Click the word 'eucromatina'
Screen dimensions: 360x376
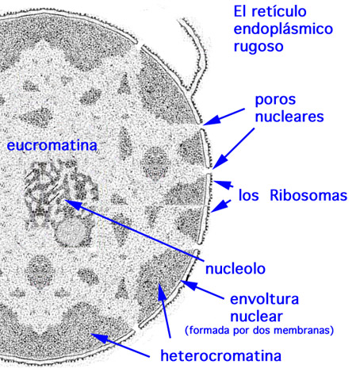coord(52,146)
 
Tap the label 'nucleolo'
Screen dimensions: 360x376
coord(236,269)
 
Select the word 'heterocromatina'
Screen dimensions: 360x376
coord(221,355)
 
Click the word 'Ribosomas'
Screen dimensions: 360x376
coord(308,196)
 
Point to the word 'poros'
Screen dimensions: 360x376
coord(275,101)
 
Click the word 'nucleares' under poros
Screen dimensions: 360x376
coord(289,117)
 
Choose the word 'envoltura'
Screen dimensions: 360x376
coord(264,299)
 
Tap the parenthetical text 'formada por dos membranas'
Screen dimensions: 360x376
coord(259,330)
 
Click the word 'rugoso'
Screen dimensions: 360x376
coord(259,47)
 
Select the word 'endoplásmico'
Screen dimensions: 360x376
coord(283,29)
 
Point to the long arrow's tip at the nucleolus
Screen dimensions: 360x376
coord(65,201)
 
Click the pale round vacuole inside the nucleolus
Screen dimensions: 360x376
coord(71,232)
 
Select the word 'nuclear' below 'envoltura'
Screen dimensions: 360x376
coord(256,317)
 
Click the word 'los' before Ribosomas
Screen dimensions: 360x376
coord(249,196)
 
